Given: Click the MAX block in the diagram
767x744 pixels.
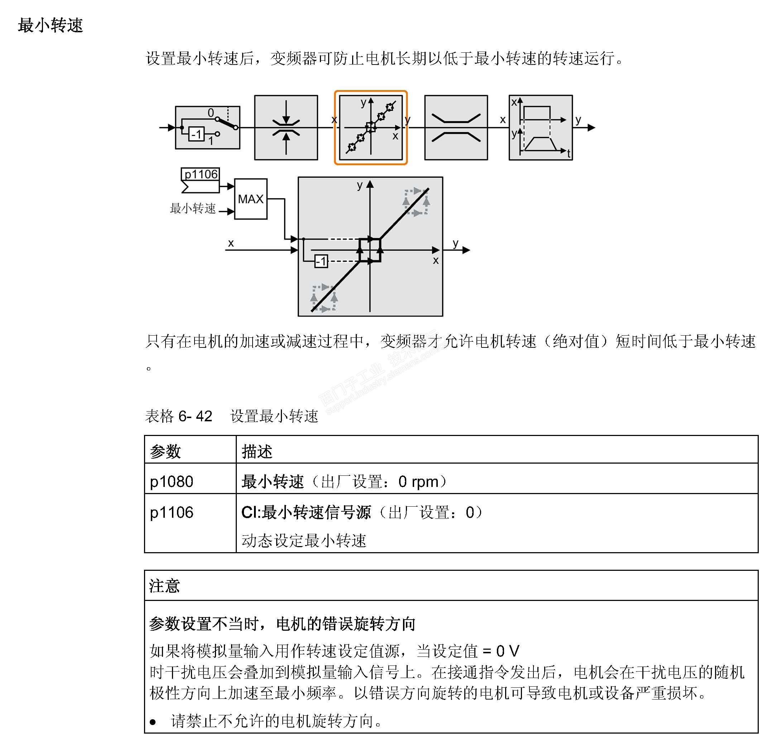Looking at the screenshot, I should point(250,199).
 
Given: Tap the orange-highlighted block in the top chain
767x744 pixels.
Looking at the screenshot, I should point(370,128).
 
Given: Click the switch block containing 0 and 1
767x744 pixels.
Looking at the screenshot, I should point(207,127).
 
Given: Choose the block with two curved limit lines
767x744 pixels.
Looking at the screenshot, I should point(456,128).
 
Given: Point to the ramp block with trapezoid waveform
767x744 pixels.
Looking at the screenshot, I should point(541,128).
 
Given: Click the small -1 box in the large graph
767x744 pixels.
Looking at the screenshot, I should point(321,261).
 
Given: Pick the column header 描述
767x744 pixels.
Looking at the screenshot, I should point(257,451).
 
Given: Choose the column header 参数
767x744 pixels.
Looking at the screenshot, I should point(166,451).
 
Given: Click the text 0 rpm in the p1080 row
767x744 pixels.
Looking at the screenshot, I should point(418,482).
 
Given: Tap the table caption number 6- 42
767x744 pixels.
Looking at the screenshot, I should point(195,416).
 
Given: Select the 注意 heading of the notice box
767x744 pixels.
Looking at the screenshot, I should point(164,586).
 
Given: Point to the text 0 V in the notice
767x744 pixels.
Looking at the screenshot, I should point(508,651).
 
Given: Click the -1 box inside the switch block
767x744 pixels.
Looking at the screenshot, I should point(196,134).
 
